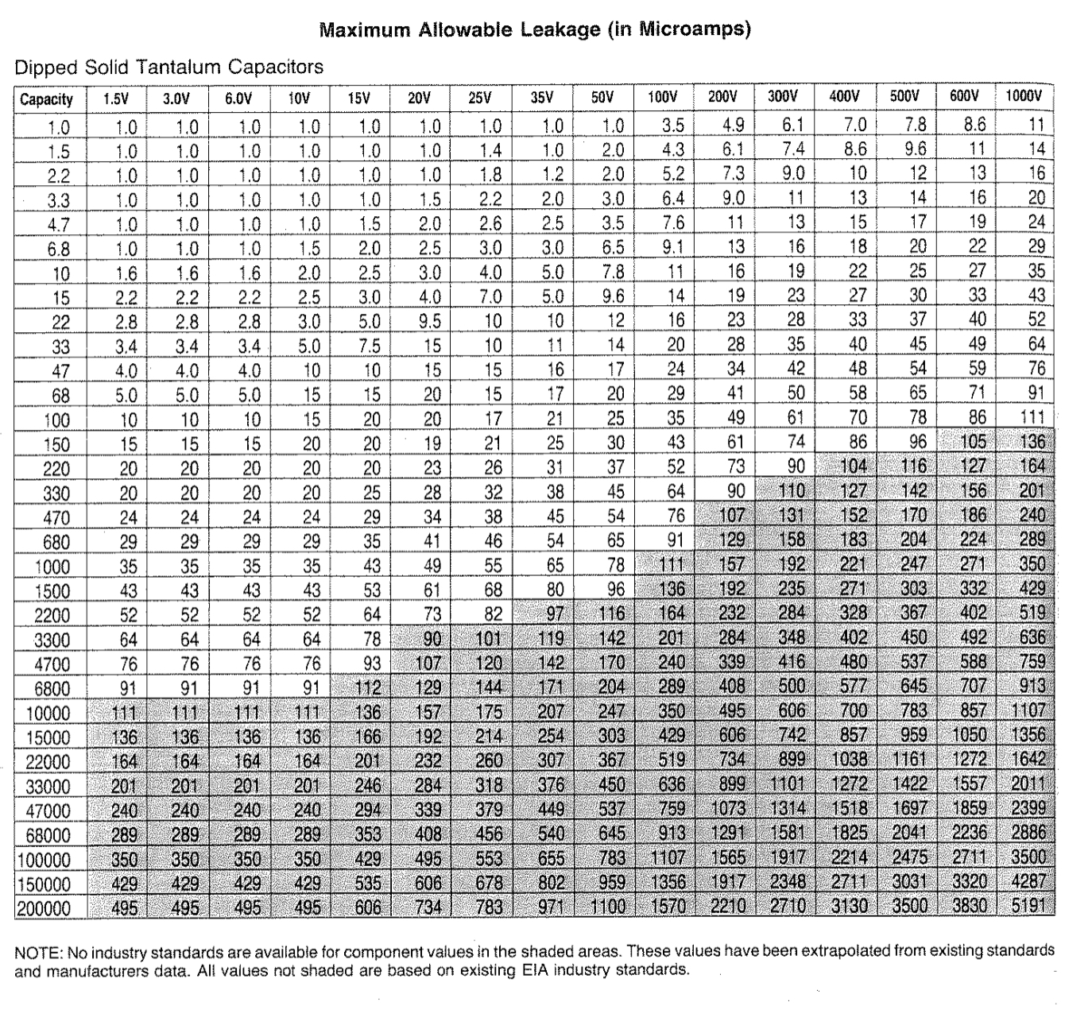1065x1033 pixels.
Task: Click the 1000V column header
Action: coord(1023,97)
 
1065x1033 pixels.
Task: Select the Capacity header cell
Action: coord(46,99)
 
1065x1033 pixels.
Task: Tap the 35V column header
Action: coord(541,98)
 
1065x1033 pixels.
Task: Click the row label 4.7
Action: coord(58,225)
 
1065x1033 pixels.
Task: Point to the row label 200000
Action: coord(44,909)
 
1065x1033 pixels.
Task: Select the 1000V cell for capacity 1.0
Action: coord(1036,125)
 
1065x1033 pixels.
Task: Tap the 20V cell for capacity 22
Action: coord(430,321)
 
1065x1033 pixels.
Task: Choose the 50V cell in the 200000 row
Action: coord(608,907)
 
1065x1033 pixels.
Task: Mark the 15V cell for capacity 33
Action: coord(370,346)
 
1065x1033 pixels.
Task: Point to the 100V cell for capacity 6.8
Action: coord(673,248)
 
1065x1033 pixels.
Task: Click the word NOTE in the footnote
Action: coord(32,952)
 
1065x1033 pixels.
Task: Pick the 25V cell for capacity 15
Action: coord(490,297)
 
